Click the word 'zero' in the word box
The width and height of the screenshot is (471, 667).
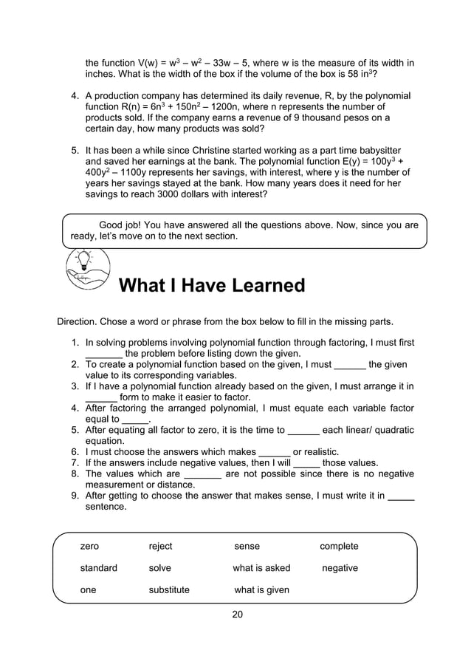(89, 547)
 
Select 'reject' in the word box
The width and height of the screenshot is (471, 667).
(160, 547)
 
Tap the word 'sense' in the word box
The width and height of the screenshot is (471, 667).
(247, 547)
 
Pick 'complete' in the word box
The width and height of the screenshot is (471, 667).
(339, 547)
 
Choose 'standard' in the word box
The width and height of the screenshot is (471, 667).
(99, 568)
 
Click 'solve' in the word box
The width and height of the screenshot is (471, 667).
(159, 568)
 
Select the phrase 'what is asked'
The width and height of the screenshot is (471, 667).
(261, 568)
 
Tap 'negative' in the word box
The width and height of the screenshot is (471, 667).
(340, 568)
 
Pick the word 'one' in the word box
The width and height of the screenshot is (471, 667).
(88, 590)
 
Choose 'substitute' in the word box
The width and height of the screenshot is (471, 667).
(169, 590)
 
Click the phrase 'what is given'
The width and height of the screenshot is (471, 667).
(261, 590)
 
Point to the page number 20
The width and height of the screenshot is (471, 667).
(237, 615)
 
